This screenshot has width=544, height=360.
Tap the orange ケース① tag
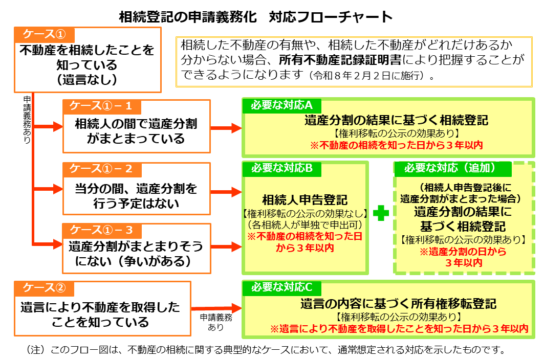[45, 34]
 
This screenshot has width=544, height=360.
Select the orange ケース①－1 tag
[100, 106]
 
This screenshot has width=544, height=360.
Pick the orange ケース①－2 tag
[100, 169]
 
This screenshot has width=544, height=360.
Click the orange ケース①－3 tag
[100, 230]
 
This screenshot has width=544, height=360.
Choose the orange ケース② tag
[45, 287]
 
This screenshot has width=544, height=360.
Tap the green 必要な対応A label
[281, 105]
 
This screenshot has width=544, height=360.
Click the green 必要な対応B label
[281, 168]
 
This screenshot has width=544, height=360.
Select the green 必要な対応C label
[281, 287]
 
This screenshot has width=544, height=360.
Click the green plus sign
[381, 214]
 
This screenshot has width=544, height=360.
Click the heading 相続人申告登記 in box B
[305, 199]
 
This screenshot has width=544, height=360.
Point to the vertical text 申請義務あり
[27, 119]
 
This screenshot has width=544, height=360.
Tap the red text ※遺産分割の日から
[463, 252]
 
